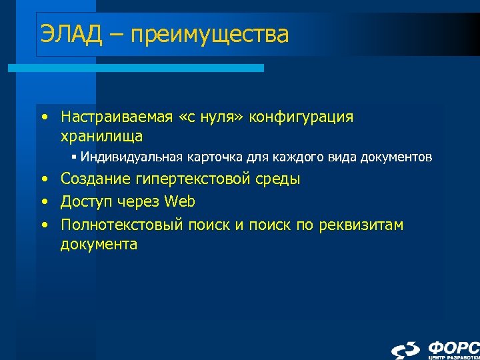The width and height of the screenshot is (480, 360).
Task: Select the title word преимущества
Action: point(210,35)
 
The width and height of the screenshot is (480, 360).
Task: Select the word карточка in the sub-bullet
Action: point(219,158)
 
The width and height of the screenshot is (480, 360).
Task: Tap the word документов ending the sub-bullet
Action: point(396,158)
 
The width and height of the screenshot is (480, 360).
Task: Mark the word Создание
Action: point(94,179)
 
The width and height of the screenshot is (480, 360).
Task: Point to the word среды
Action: point(278,179)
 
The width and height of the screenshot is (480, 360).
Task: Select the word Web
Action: point(180,201)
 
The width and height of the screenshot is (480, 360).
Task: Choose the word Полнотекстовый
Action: point(121,225)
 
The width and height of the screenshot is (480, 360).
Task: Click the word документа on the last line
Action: point(99,244)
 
